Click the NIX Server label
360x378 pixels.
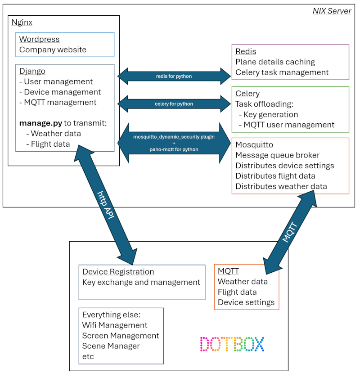point(332,11)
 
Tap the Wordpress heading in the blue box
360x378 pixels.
point(39,40)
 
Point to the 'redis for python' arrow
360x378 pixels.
point(174,76)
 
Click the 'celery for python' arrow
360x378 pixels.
point(174,104)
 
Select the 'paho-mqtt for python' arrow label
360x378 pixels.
point(174,149)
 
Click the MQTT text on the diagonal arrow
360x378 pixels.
point(290,232)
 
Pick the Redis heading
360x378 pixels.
point(246,51)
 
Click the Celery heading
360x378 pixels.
point(247,94)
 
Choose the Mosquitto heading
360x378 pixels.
point(254,145)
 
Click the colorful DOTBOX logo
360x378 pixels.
point(232,344)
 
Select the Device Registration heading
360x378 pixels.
point(118,272)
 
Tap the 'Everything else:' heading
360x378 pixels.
point(112,315)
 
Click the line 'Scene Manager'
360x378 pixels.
point(111,346)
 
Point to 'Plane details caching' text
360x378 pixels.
point(275,62)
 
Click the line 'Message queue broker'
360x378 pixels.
point(277,155)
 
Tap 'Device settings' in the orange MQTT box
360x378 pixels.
point(246,302)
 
